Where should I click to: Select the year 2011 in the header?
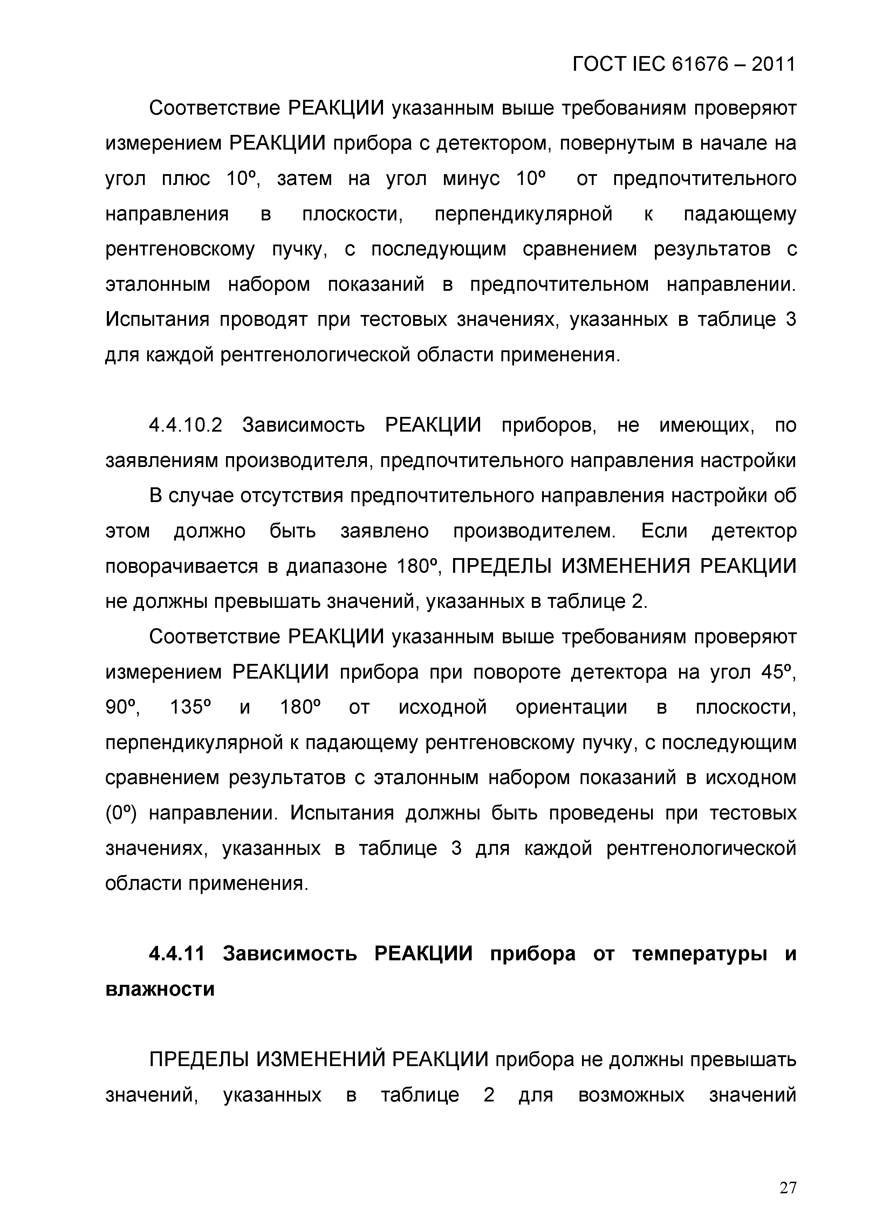point(773,65)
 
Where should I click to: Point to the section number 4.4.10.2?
point(185,426)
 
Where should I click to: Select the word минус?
point(471,179)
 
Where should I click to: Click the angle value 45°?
point(778,672)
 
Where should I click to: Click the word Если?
point(664,531)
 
